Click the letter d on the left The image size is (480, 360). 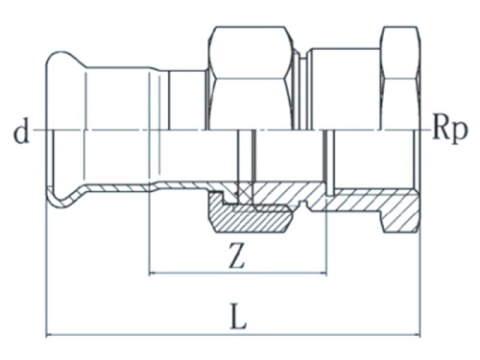(18, 131)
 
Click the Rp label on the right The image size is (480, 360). (448, 131)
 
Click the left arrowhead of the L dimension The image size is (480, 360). (53, 335)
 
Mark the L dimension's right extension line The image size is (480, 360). (420, 278)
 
